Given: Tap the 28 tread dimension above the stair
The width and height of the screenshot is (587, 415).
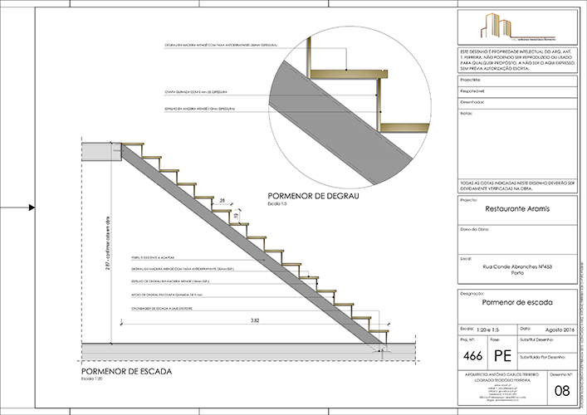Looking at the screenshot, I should pos(223,201).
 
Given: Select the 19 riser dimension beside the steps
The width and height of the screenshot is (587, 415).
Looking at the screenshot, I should pos(236,215).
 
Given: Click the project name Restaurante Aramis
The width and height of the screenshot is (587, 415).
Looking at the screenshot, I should pos(516,210).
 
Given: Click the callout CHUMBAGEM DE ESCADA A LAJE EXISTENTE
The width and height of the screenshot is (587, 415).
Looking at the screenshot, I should pos(162,306).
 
